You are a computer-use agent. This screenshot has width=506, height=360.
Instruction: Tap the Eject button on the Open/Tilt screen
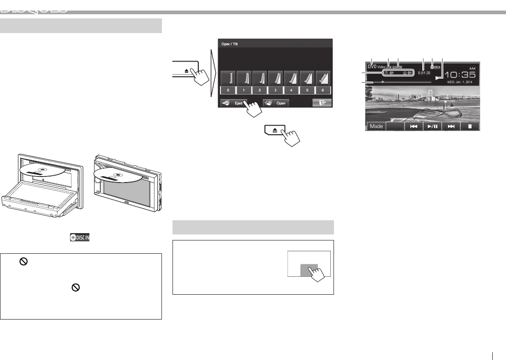[234, 103]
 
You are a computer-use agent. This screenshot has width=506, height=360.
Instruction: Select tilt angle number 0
[228, 90]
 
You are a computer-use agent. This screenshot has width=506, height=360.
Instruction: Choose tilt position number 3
[275, 90]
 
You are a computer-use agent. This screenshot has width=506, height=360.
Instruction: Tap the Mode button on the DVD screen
[376, 126]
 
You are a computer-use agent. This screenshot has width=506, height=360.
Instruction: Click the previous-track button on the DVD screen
[414, 126]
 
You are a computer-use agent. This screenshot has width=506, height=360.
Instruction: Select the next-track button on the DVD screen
[451, 126]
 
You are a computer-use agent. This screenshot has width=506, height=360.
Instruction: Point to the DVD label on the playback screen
[372, 66]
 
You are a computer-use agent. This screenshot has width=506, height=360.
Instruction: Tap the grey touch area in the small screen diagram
[309, 270]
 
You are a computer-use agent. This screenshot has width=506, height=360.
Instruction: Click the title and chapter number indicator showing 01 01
[397, 73]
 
